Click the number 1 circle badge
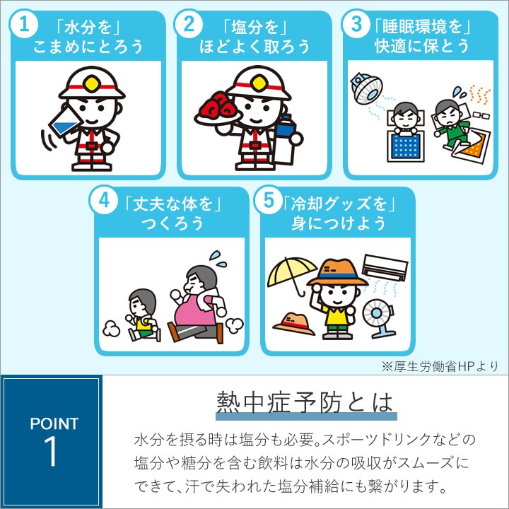click(x=24, y=24)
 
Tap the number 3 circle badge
click(x=356, y=24)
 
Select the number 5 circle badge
click(x=268, y=200)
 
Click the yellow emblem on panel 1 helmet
click(x=92, y=83)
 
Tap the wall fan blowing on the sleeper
click(x=366, y=88)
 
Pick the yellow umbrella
click(x=291, y=274)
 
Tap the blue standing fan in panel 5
click(x=378, y=318)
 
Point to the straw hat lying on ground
click(x=294, y=324)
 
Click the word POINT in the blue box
click(x=54, y=423)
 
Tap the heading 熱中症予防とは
click(x=305, y=402)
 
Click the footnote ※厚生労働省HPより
click(x=440, y=366)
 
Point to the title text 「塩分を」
click(x=255, y=27)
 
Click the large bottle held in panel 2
click(x=286, y=139)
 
